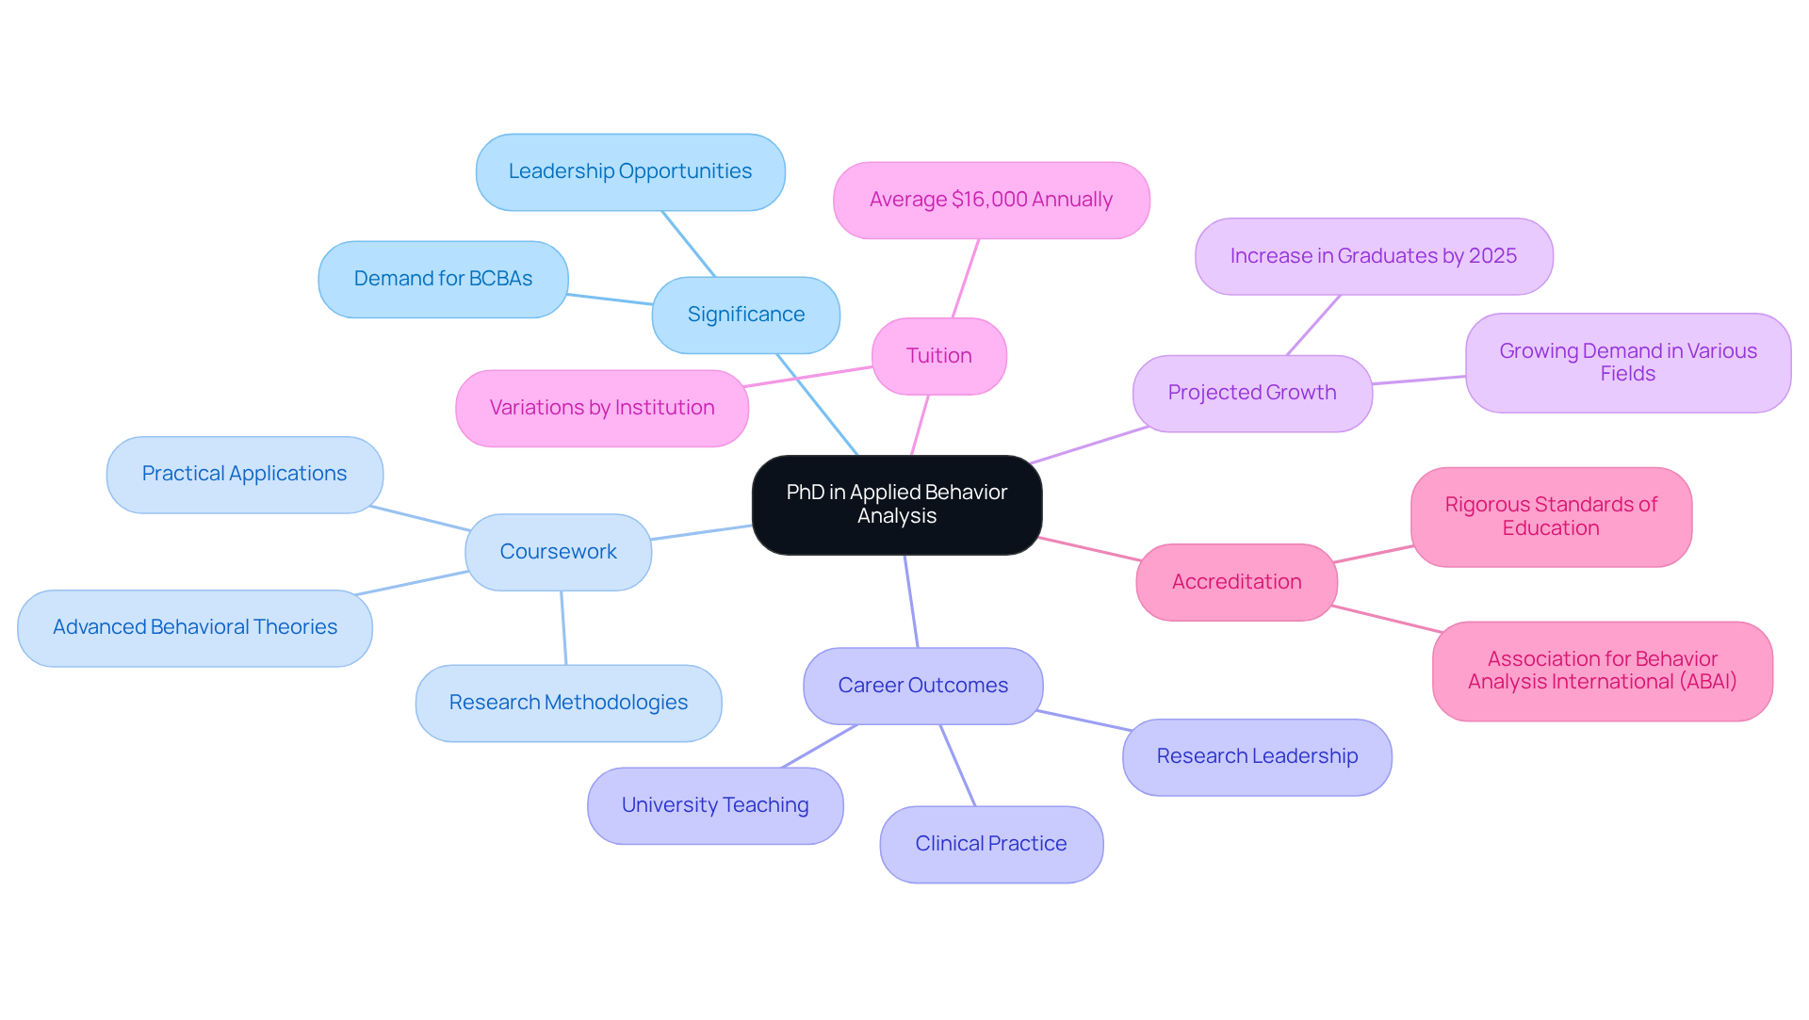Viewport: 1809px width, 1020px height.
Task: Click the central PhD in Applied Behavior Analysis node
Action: [x=896, y=505]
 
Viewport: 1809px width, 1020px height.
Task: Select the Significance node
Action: [x=745, y=315]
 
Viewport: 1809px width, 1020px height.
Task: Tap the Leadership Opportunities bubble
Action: [x=629, y=171]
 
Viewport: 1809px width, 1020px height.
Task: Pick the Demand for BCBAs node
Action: [x=443, y=279]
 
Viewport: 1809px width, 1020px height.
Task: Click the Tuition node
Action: [x=938, y=356]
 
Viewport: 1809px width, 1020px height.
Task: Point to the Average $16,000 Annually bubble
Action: [x=990, y=200]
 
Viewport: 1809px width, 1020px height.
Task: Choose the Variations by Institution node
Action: [x=601, y=408]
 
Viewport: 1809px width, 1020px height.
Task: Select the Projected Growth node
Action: [x=1251, y=393]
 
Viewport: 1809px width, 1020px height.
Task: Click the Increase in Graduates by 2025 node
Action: [x=1373, y=256]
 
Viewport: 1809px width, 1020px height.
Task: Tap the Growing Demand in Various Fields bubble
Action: [x=1627, y=363]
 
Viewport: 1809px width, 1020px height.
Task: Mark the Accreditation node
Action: [x=1236, y=582]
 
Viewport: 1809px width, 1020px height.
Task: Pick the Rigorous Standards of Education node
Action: [x=1550, y=516]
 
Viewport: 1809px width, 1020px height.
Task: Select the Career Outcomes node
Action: [x=922, y=686]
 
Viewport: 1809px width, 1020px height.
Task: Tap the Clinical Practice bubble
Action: [x=990, y=844]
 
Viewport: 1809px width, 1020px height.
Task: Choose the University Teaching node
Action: [x=714, y=805]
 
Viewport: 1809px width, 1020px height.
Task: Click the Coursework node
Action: [x=558, y=552]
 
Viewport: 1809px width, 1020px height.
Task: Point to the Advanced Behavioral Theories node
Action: [x=194, y=627]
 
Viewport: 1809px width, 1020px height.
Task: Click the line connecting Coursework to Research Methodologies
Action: [x=563, y=628]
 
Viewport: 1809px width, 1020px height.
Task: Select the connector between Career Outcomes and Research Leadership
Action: [x=1084, y=720]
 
